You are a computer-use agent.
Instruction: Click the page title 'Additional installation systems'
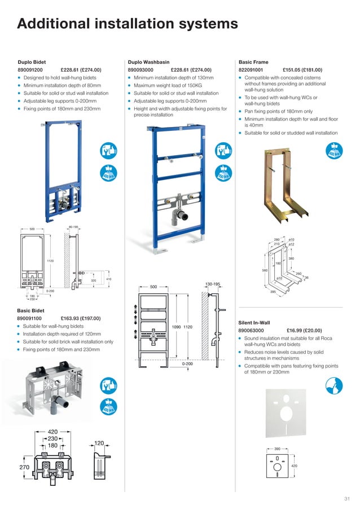pyautogui.click(x=128, y=24)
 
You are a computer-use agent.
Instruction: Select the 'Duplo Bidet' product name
pyautogui.click(x=32, y=62)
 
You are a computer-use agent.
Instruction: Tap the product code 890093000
pyautogui.click(x=143, y=70)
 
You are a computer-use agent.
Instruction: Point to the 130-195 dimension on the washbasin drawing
pyautogui.click(x=212, y=284)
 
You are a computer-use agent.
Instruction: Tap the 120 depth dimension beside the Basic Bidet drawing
pyautogui.click(x=99, y=444)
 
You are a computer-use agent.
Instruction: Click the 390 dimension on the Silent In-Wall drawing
pyautogui.click(x=276, y=448)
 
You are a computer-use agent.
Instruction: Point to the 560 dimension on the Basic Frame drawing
pyautogui.click(x=265, y=270)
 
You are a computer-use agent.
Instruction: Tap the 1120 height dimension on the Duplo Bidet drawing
pyautogui.click(x=50, y=260)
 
